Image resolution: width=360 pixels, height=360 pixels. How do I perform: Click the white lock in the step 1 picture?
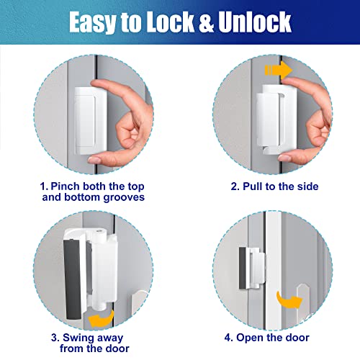(x=91, y=116)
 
